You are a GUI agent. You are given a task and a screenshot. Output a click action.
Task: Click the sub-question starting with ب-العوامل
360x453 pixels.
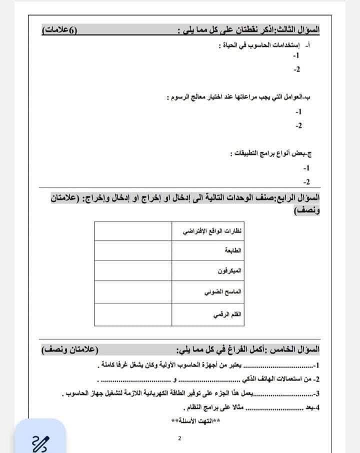click(245, 97)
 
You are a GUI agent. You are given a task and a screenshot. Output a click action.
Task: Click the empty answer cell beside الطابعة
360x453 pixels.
click(128, 249)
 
